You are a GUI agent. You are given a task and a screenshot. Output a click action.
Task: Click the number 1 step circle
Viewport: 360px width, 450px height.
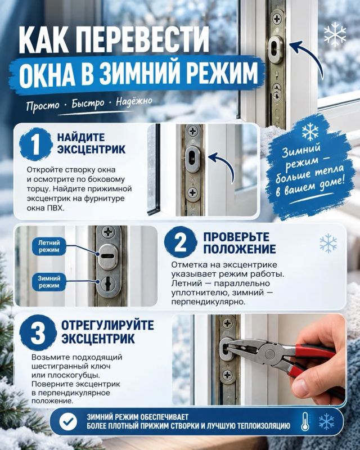point(35,145)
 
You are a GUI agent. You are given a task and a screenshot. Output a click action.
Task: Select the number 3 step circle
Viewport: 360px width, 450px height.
point(38,333)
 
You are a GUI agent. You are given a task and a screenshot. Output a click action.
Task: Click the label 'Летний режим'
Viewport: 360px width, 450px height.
point(49,246)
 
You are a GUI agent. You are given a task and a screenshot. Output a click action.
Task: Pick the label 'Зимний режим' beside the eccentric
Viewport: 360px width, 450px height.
point(49,282)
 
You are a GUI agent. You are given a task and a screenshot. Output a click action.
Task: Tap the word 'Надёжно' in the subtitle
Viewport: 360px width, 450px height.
point(134,101)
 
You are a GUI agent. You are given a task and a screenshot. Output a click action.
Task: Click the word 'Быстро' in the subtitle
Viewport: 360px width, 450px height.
point(88,103)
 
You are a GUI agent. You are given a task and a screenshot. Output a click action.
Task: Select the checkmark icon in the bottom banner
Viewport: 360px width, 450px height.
point(68,421)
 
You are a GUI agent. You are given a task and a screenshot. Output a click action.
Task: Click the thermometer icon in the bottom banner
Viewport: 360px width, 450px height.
point(305,421)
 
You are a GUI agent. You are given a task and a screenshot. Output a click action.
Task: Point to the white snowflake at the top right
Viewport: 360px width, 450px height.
point(335,35)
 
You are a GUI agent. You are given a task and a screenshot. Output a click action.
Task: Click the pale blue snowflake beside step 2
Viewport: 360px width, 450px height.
point(328,244)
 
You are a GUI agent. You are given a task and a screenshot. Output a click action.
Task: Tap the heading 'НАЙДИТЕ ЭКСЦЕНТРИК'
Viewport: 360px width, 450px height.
point(91,143)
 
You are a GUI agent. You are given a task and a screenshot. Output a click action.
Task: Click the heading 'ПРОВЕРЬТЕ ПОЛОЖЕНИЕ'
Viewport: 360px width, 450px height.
point(240,243)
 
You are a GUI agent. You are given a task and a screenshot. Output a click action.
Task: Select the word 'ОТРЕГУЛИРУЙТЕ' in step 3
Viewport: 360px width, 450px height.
point(107,325)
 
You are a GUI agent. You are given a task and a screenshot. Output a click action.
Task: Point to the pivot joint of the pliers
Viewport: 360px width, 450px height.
point(270,354)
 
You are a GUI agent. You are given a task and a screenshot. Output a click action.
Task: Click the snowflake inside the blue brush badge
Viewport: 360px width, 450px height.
point(310,132)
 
